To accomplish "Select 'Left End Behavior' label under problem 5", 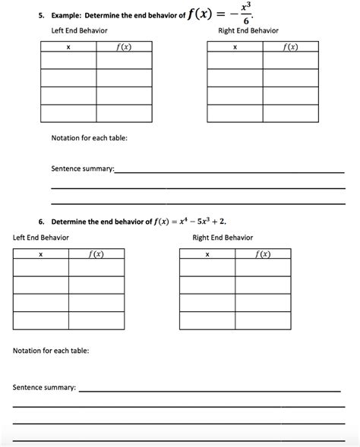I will coord(78,30).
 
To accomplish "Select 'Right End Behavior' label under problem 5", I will coord(248,30).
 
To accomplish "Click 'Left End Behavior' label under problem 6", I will coord(41,238).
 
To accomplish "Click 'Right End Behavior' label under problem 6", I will coord(223,238).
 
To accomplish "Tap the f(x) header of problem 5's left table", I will coord(124,47).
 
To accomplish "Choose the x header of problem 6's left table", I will coord(40,253).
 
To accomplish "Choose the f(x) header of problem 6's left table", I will coord(96,253).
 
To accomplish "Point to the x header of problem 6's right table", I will coord(207,253).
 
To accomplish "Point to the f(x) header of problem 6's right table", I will coord(262,253).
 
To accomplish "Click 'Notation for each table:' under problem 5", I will coord(89,137).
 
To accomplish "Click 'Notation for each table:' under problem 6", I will coord(51,351).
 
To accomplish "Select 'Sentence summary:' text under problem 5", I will coord(82,166).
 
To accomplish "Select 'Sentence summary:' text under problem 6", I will coord(44,387).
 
